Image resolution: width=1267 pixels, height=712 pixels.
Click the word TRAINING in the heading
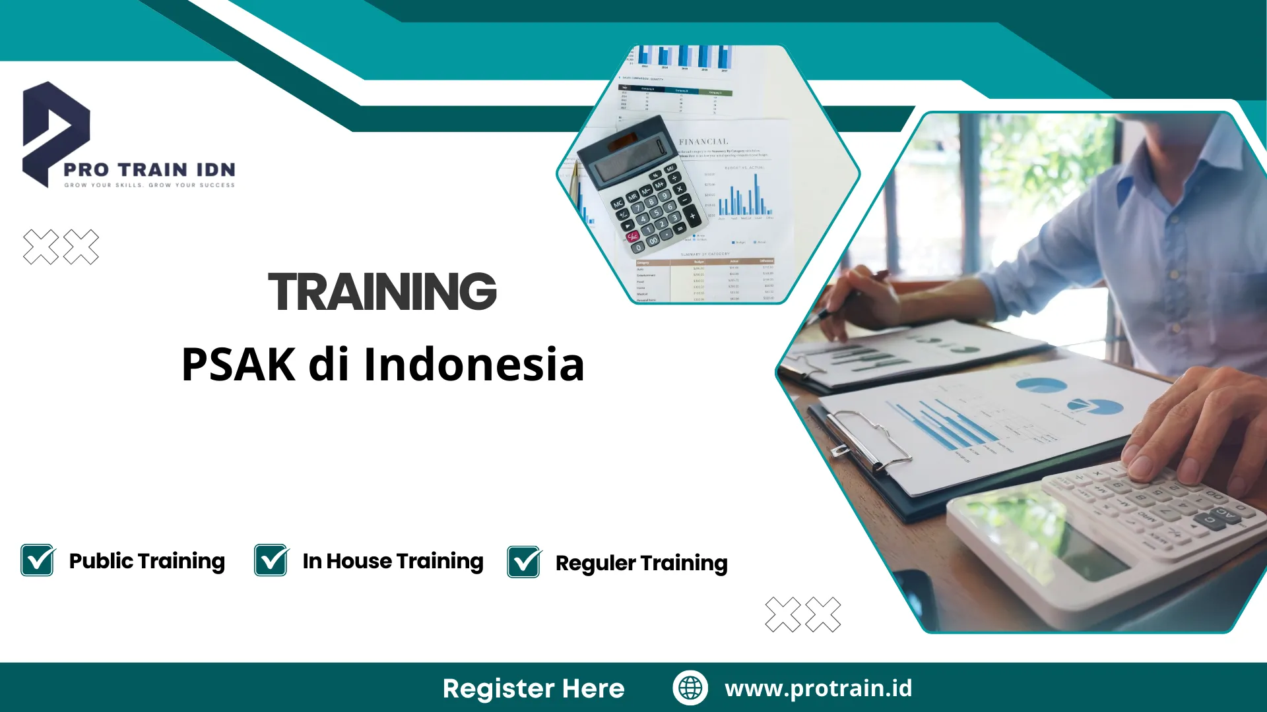point(382,291)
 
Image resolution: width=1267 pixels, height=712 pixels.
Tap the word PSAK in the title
point(238,365)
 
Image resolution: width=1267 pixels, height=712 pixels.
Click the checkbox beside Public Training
point(38,560)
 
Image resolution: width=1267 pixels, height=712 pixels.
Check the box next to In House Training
point(271,560)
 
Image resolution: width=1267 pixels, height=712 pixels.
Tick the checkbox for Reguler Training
point(524,562)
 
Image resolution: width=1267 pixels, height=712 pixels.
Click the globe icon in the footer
point(690,688)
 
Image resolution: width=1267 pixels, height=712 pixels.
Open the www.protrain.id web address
point(818,688)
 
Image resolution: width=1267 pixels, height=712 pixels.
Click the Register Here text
point(533,688)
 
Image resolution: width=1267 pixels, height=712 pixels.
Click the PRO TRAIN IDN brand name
point(149,169)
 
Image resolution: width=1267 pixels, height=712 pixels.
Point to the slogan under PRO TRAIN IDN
point(149,185)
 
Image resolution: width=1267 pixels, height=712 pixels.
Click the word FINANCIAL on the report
point(703,142)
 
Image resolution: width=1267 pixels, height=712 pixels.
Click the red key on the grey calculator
point(633,236)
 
